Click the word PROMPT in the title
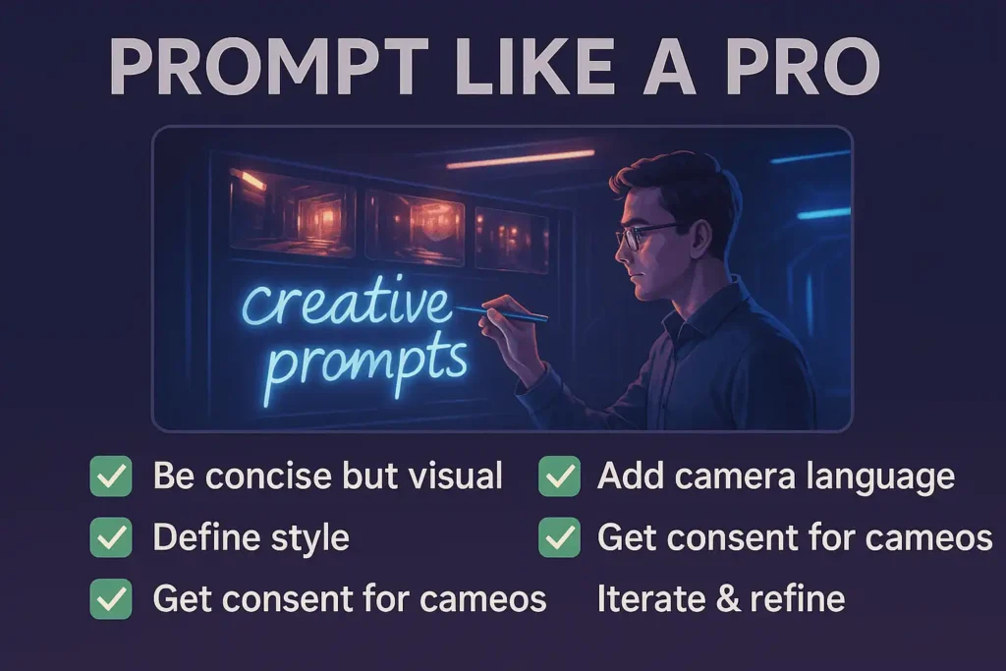(x=269, y=67)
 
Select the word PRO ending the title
(x=804, y=67)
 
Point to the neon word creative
(x=347, y=302)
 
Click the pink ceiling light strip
(x=521, y=159)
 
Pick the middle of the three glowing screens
(x=415, y=226)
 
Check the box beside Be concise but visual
(x=111, y=475)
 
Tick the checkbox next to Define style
(x=111, y=537)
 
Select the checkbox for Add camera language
(x=559, y=475)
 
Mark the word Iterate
(x=650, y=599)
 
